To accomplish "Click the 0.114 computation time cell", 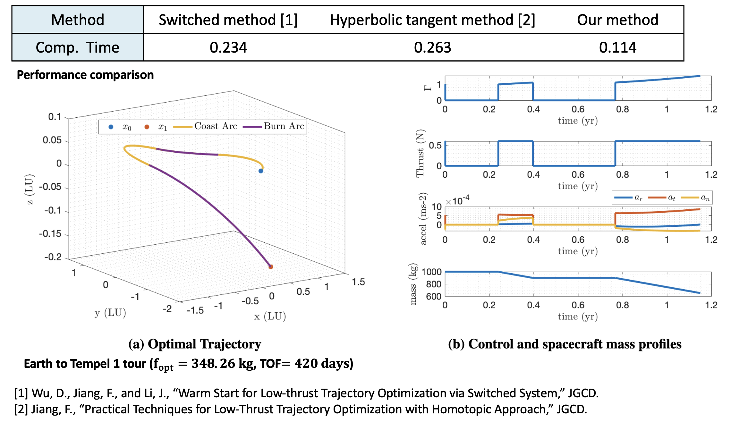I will click(x=617, y=47).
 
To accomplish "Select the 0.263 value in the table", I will click(x=432, y=47).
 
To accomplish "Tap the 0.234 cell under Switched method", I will click(x=228, y=47).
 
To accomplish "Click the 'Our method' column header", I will click(x=617, y=20).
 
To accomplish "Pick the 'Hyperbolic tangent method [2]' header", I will click(x=432, y=20).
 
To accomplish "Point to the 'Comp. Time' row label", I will click(x=77, y=47).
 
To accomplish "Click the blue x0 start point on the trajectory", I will click(x=261, y=171).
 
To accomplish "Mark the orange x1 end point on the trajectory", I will click(x=271, y=266).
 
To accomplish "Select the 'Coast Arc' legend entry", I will click(x=216, y=126).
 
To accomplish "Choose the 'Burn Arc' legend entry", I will click(x=284, y=126).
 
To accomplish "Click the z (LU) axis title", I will click(x=29, y=189).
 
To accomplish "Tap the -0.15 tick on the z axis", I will click(x=50, y=234).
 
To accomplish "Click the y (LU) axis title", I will click(x=110, y=313).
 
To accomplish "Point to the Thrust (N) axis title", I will click(x=420, y=153).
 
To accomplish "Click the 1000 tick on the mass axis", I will click(x=431, y=272).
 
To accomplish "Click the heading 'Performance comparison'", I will click(x=85, y=75).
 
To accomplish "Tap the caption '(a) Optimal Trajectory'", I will click(x=195, y=344).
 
